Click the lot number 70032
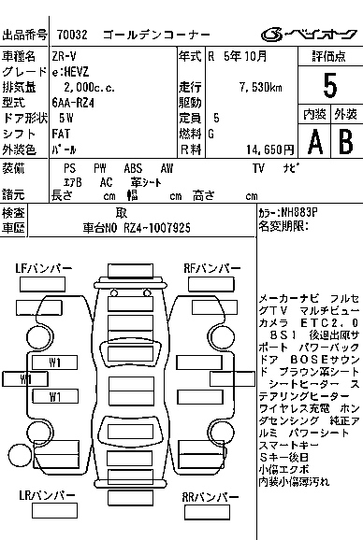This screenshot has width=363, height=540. pos(72,36)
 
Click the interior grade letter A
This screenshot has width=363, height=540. pos(314,141)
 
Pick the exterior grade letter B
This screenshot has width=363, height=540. pos(343,141)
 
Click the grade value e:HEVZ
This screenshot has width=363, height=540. pos(72,73)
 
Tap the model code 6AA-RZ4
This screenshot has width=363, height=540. pos(75,103)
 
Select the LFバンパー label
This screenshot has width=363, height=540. pos(43,269)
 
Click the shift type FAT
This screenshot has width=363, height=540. pos(62,134)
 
